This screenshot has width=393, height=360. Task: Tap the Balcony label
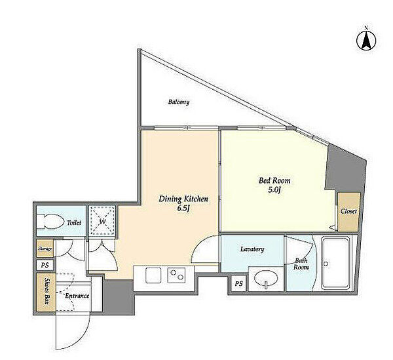pos(179,102)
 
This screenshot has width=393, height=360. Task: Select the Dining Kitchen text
pos(183,199)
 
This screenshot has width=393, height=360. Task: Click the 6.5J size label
pos(183,209)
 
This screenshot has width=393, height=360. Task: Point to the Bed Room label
pos(274,180)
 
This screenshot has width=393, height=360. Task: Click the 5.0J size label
pos(274,190)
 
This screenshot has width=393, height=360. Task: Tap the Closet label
pos(348,211)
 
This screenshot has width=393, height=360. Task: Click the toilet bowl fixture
pos(49,221)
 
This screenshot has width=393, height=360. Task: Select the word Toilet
pos(74,222)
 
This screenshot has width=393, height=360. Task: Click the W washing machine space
pos(103,220)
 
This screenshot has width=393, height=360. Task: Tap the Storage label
pos(45,249)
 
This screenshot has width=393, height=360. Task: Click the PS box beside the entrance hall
pos(45,265)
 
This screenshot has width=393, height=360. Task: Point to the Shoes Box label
pos(47,290)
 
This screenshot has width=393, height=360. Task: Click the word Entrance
pos(77,296)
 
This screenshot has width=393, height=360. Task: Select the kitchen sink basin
pos(153,275)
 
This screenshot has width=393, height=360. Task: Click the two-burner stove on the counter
pos(177,275)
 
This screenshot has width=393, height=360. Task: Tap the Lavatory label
pos(252,249)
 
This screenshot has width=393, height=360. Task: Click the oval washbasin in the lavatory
pos(266,278)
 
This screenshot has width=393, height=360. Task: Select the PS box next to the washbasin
pos(239,283)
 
